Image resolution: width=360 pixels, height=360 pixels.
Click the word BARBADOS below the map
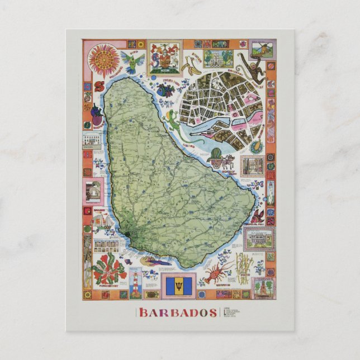(x=178, y=312)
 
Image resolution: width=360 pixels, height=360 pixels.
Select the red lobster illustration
(x=219, y=273)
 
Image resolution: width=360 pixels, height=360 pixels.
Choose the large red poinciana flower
(x=108, y=268)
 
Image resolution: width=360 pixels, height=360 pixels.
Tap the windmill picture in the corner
(x=262, y=48)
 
